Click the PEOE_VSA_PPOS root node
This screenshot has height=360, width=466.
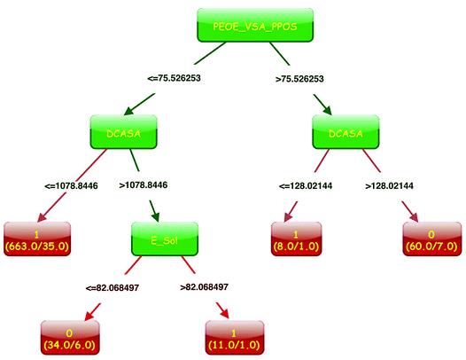pos(255,25)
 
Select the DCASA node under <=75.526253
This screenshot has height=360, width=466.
pos(124,132)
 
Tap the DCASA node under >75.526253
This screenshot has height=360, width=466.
pos(346,132)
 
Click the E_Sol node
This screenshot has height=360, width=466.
pos(165,239)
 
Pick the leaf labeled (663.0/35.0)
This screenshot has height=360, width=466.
pos(37,239)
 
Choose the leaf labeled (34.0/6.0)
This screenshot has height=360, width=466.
pos(70,338)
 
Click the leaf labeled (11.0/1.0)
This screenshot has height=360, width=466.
pos(235,338)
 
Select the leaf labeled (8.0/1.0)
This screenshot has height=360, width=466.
pos(296,239)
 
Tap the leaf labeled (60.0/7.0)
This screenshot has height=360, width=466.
pos(432,239)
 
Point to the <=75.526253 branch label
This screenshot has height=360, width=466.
pos(175,78)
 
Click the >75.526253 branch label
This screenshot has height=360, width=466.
pos(299,79)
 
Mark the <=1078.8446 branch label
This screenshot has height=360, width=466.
pos(72,186)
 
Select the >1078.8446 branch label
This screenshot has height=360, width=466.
pos(144,185)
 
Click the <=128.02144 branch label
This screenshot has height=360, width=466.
pos(306,186)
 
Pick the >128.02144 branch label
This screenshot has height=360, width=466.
pos(389,186)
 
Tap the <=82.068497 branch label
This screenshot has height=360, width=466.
pos(113,288)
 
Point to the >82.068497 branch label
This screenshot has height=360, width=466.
pos(205,287)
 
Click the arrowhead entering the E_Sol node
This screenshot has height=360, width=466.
pos(156,217)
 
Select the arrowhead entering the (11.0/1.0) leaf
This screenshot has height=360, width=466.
pos(225,314)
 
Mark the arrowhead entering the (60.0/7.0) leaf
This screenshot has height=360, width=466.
pos(414,217)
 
